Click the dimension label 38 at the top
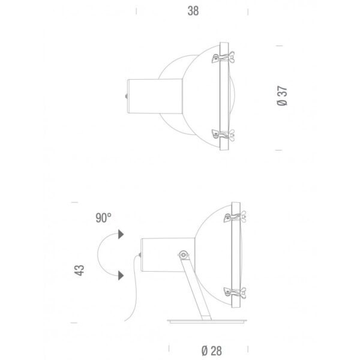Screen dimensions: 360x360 pos(193,11)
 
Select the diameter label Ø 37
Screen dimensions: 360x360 pos(282,96)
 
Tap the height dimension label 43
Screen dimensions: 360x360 pos(79,270)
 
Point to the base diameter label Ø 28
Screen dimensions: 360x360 pos(212,351)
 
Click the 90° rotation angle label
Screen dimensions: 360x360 pos(104,218)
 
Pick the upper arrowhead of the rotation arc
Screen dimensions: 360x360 pos(121,234)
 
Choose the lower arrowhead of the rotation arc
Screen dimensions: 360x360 pos(121,275)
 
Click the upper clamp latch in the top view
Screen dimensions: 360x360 pos(223,57)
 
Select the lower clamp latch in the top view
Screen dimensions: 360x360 pos(223,135)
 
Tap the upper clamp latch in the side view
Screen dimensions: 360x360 pos(235,217)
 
